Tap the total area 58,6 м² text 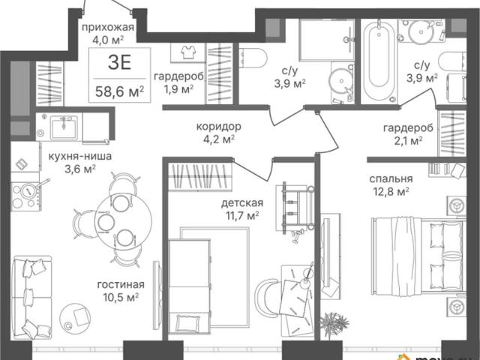pos(120,91)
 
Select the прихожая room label pos(108,27)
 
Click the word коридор pos(218,127)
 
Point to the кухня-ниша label pos(80,157)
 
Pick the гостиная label pos(121,285)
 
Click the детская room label pos(242,203)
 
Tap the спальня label pos(391,178)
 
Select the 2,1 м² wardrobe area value pos(407,141)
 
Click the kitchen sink pos(64,127)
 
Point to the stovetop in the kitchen pos(26,196)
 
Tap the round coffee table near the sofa pos(75,316)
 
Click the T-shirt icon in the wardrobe pos(188,52)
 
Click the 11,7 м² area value pos(242,216)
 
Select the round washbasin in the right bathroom pos(421,31)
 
